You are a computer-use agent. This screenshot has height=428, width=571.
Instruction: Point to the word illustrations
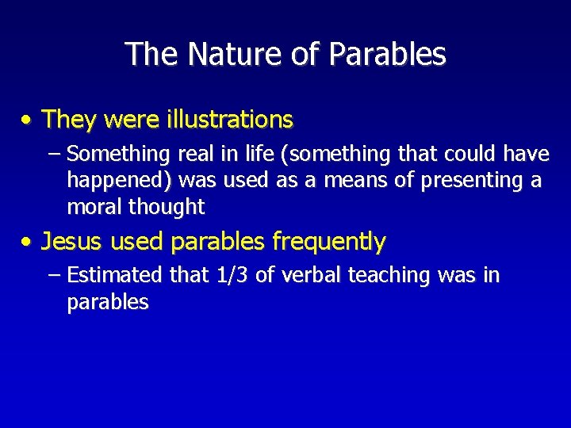(x=230, y=120)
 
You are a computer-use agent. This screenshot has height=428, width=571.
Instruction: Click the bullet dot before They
(x=28, y=120)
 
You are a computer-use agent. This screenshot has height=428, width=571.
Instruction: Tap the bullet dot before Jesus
(x=28, y=241)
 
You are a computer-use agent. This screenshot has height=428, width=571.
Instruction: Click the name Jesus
(x=72, y=241)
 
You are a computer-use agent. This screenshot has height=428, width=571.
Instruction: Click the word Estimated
(x=116, y=275)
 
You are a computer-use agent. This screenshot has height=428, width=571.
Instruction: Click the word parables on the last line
(x=108, y=303)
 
